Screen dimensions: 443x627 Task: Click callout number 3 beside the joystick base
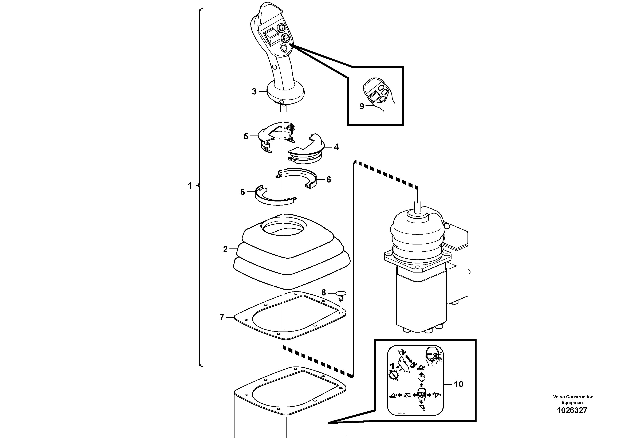click(254, 91)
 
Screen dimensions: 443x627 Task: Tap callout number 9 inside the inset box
click(362, 106)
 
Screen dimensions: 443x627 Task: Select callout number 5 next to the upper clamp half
click(246, 136)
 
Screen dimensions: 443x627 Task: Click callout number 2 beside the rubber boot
click(225, 249)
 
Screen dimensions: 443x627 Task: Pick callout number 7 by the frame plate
click(222, 317)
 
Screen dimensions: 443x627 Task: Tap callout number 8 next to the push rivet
click(324, 293)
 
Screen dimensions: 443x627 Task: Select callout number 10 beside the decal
click(458, 384)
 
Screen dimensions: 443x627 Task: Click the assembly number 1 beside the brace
click(190, 186)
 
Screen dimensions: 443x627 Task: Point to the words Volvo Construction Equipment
click(573, 399)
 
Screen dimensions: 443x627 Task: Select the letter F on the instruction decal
click(440, 353)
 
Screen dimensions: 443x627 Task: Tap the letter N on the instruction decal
click(432, 364)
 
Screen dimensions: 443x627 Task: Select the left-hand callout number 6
click(242, 192)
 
